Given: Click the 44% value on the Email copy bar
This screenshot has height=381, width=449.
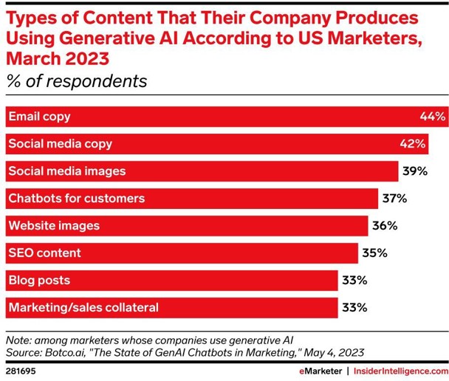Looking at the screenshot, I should [x=431, y=116].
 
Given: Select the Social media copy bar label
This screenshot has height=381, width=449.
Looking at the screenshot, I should [x=59, y=143].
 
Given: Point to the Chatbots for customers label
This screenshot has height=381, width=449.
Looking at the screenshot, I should [x=76, y=199].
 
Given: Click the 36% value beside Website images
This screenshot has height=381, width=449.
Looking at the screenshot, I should [x=383, y=226].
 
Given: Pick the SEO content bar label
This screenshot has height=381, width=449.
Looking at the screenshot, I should [x=44, y=253].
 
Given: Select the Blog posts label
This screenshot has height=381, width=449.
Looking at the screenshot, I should [x=39, y=281].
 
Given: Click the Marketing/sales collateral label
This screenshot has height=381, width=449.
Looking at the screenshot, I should [x=83, y=307].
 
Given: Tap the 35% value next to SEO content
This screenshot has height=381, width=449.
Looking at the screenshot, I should [x=374, y=253].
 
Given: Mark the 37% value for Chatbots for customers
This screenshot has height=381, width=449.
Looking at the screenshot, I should [x=394, y=199].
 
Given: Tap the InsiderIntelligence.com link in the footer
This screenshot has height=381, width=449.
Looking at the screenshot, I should [x=399, y=370].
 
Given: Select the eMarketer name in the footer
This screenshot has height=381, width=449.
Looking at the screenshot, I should [x=319, y=370].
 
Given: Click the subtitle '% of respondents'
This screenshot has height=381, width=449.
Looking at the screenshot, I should [x=77, y=81].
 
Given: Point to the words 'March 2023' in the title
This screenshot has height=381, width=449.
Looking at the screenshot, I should [x=56, y=57].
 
